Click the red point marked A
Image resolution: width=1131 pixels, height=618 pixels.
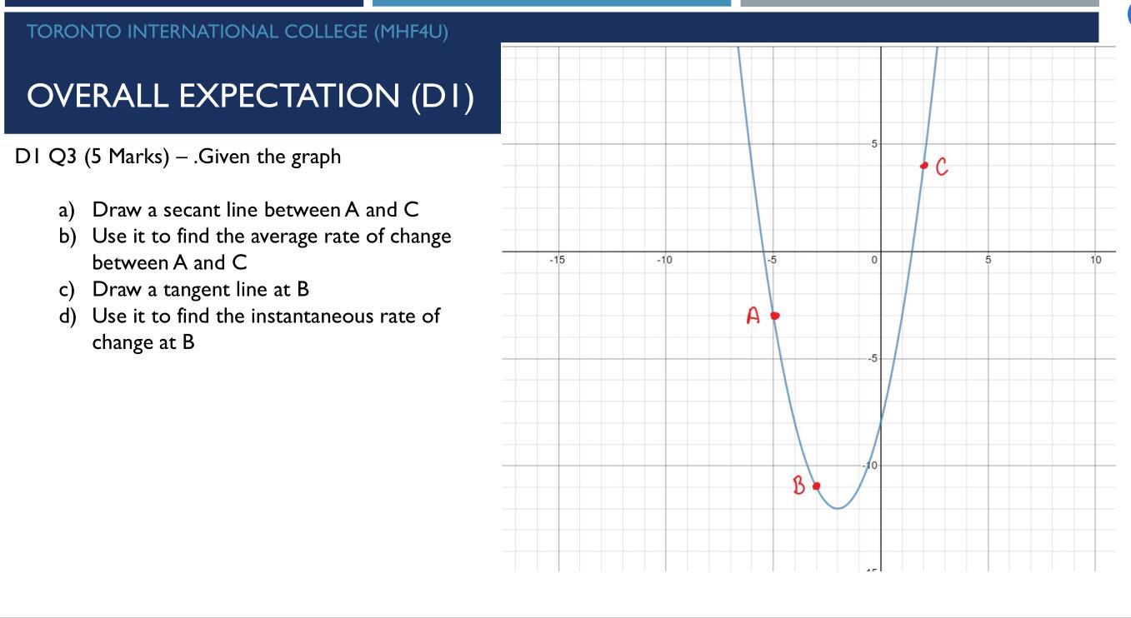[x=774, y=316]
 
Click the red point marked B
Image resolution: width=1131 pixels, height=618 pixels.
[x=816, y=486]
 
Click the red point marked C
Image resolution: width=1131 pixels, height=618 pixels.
[x=923, y=166]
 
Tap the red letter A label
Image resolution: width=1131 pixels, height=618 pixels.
[x=753, y=316]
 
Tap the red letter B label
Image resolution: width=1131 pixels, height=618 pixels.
[x=798, y=486]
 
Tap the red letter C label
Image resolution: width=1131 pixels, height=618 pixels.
[x=942, y=167]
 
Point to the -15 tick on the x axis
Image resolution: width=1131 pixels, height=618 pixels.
[x=557, y=261]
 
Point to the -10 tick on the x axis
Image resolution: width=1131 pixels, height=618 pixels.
[x=664, y=261]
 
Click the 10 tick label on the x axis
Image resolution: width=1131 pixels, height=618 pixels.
[x=1095, y=261]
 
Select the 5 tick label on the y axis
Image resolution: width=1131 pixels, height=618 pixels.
[x=874, y=144]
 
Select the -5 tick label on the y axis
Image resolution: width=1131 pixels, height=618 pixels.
[x=872, y=359]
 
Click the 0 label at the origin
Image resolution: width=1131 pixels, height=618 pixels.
[x=873, y=261]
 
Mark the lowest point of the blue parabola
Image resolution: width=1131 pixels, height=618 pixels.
[x=838, y=508]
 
